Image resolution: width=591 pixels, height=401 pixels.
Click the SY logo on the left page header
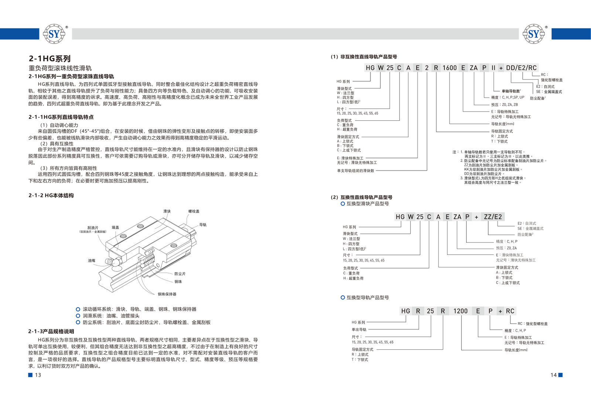(54, 34)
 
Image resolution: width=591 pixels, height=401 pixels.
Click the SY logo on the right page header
(534, 34)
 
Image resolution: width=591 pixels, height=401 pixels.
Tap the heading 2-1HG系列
(49, 58)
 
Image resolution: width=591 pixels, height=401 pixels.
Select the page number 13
(38, 375)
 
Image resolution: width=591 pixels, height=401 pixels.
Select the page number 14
(554, 375)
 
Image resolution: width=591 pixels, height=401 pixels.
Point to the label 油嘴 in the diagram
(92, 261)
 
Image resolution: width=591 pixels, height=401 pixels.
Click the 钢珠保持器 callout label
(167, 294)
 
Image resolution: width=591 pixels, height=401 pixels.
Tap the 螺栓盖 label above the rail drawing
(194, 211)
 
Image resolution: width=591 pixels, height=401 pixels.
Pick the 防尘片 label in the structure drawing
(180, 274)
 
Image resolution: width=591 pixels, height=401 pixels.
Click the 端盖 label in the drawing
(115, 227)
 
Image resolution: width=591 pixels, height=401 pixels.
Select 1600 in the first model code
(450, 68)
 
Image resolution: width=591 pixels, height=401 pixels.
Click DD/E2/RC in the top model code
(521, 68)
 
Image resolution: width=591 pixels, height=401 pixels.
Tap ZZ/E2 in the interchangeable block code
(493, 217)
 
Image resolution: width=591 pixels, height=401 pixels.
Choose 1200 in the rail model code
(460, 311)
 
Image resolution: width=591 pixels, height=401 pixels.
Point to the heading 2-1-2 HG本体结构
(51, 195)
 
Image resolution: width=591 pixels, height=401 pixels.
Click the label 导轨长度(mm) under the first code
(503, 124)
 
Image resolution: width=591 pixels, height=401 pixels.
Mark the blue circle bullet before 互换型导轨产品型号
(343, 298)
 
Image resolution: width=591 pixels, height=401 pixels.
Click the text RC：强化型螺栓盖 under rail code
(532, 324)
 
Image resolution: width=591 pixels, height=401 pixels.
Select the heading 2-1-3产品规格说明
(51, 331)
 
